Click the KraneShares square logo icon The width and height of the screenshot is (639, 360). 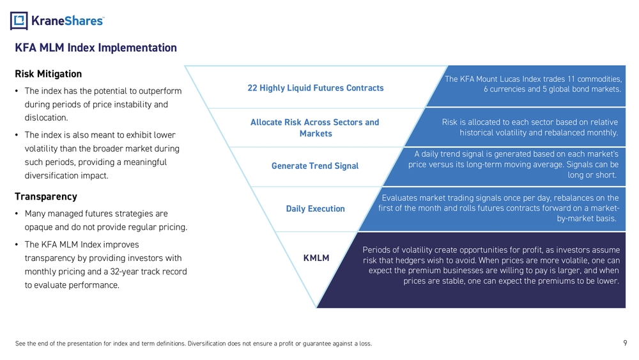pos(19,20)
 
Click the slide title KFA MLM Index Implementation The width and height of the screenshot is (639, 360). pos(96,48)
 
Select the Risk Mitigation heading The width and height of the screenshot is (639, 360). pos(48,74)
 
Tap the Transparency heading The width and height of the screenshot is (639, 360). pos(45,196)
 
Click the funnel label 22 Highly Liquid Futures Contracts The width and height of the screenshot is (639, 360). pos(316,88)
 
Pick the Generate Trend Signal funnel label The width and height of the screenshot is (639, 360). pos(315,166)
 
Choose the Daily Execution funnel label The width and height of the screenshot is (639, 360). pos(316,209)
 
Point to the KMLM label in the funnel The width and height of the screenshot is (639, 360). pos(316,258)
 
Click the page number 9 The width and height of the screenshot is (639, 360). pos(625,343)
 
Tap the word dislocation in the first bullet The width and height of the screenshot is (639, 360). pos(46,118)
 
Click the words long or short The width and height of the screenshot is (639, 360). pos(592,175)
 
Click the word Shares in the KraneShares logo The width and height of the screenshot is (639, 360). pos(82,20)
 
